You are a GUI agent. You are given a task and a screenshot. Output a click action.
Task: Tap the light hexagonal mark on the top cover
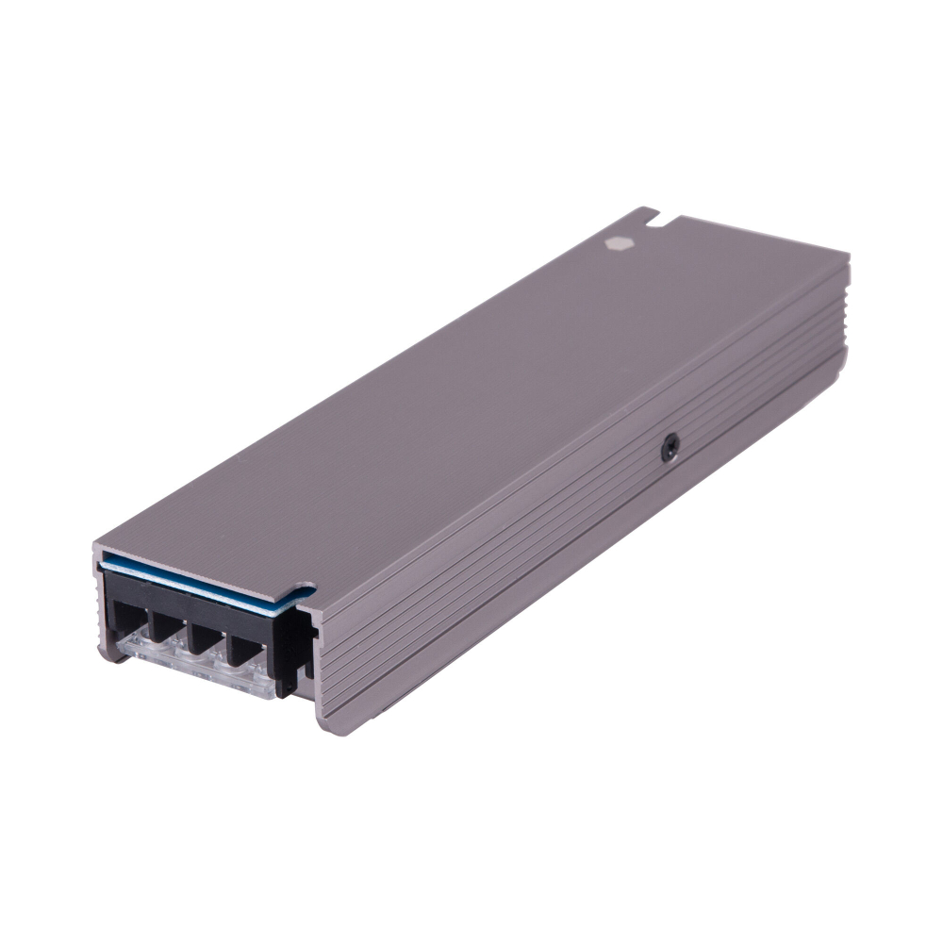(x=620, y=242)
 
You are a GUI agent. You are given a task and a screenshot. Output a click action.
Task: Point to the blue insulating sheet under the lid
(x=189, y=577)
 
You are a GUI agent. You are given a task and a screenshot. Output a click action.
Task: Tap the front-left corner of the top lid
(x=98, y=548)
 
